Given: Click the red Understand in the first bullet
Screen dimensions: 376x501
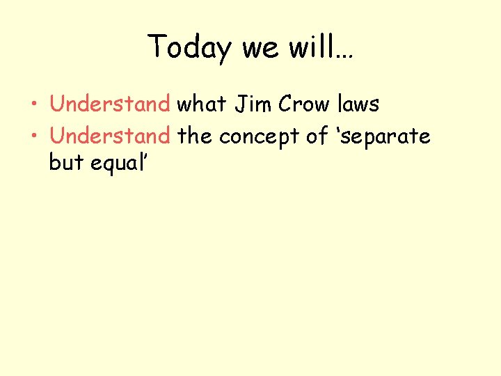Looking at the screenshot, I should click(x=110, y=105).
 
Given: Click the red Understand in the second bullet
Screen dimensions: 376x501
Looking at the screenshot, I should click(x=110, y=136).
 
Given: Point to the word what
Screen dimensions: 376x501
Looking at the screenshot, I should click(x=202, y=105).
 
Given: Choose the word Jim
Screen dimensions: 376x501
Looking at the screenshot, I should click(x=254, y=105).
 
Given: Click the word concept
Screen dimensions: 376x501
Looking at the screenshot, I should click(x=261, y=136).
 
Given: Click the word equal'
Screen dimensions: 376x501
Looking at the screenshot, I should click(x=118, y=164).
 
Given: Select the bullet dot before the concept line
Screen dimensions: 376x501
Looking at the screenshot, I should click(x=35, y=137).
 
